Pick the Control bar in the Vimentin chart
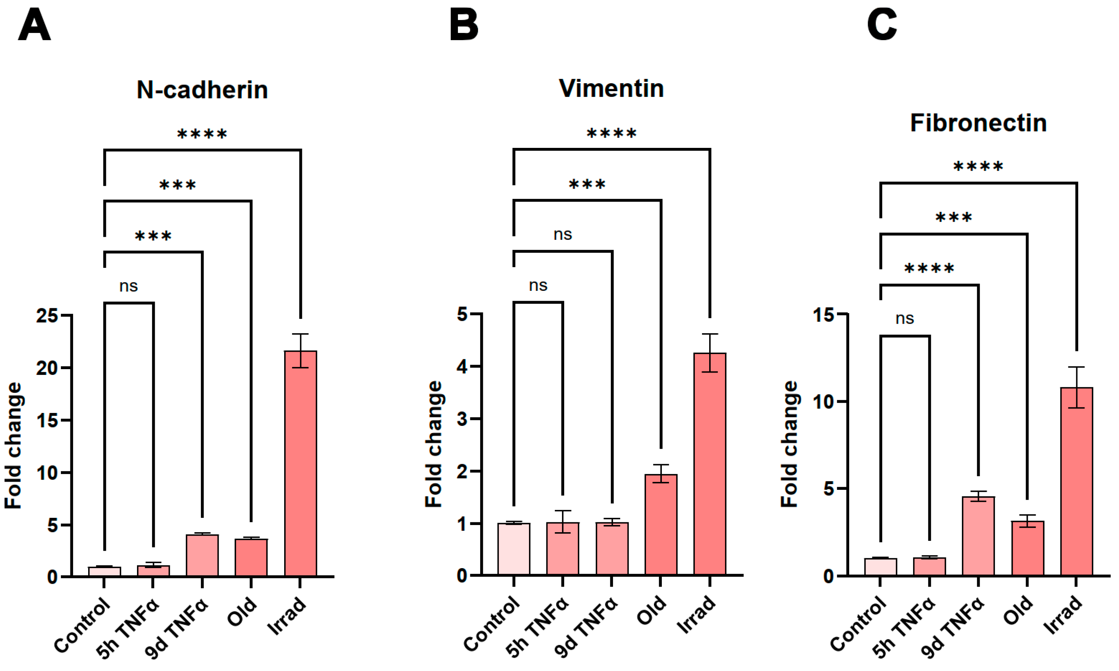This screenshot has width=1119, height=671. point(514,549)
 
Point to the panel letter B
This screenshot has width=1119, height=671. point(464,25)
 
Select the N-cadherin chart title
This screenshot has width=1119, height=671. point(202,90)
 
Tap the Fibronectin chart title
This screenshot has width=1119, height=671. point(978,123)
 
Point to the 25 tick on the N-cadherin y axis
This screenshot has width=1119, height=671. point(47,315)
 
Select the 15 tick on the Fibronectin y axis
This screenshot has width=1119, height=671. point(823,315)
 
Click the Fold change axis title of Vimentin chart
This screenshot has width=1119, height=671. point(434,444)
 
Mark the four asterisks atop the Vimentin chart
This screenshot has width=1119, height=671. point(612,134)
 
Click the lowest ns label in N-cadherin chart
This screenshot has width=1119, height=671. point(128,286)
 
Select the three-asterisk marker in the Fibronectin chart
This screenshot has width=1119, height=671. point(954,218)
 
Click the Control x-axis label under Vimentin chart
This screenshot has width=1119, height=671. point(492,624)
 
